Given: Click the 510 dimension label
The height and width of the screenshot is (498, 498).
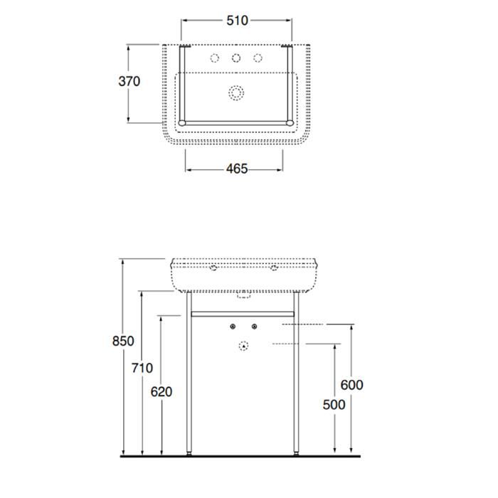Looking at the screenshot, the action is tap(237, 21).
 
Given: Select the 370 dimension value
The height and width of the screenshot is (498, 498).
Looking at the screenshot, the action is tap(129, 81).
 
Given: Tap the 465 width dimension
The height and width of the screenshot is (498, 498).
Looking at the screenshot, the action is tap(237, 169).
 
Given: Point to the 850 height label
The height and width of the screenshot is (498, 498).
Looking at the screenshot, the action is tap(123, 341).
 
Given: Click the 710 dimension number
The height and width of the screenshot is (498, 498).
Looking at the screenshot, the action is tap(142, 368).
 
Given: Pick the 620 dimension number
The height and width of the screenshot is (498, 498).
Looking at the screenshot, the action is tap(161, 392).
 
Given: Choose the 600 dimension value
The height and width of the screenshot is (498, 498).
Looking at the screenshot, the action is tap(352, 385).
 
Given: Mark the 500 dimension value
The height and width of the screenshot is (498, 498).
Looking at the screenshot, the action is tap(334, 405).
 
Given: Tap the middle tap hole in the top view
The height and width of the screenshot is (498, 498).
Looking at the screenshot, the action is tap(236, 58).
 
